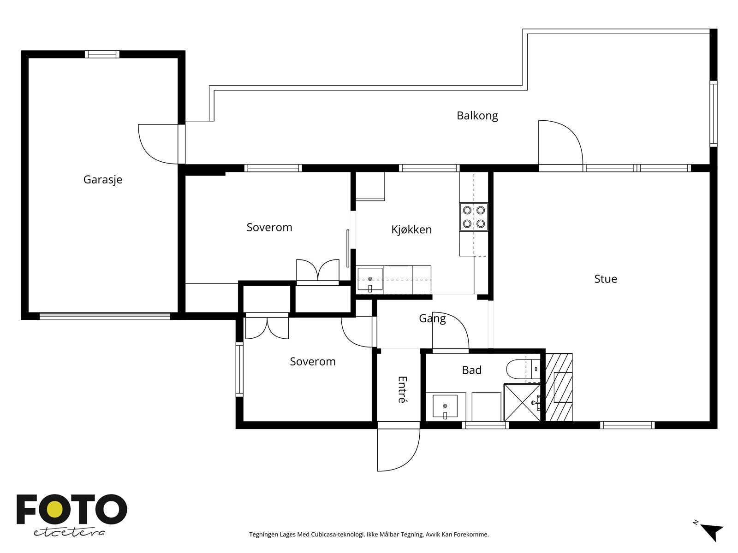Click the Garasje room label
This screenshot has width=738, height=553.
point(102,180)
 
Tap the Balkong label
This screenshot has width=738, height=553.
point(477,116)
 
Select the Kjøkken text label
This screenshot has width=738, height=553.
point(411,229)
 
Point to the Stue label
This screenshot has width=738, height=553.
point(606,279)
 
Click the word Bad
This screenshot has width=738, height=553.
point(471,370)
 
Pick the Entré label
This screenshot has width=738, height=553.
point(403,389)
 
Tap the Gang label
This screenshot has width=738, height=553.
point(432,318)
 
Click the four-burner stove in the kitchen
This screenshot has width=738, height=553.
point(474,217)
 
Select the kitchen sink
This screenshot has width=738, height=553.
point(370,279)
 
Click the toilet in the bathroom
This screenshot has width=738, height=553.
point(522,369)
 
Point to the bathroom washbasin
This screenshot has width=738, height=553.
point(445,406)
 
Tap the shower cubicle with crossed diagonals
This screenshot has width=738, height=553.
point(522,403)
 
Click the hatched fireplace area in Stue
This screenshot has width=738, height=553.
point(559,387)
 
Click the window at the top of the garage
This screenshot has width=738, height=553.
point(102,54)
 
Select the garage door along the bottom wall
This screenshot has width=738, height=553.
point(105,316)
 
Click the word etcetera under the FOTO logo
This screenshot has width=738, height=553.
point(69,533)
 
